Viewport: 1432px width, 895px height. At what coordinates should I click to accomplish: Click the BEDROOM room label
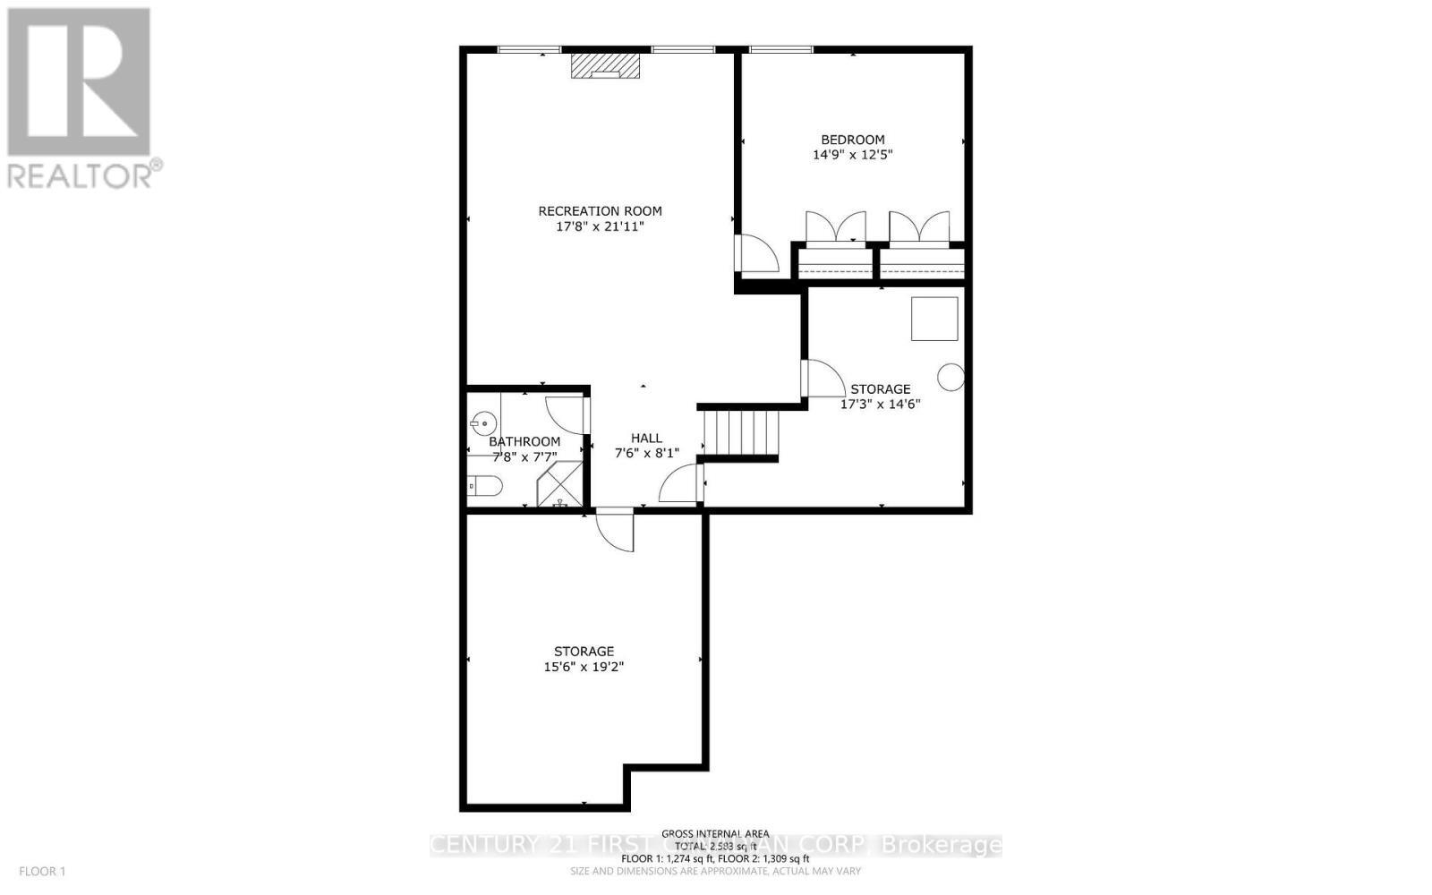pos(853,140)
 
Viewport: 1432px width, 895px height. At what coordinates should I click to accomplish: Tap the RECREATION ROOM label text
pos(600,211)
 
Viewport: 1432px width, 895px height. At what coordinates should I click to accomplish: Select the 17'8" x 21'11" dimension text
pos(600,227)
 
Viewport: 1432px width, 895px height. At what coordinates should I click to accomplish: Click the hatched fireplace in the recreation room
pos(606,66)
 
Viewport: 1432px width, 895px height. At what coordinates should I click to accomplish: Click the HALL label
pos(646,438)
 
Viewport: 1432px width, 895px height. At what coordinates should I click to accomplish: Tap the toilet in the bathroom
pos(485,485)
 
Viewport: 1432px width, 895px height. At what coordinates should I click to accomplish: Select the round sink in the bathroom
pos(484,422)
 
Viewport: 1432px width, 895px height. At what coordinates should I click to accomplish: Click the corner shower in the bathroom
pos(560,485)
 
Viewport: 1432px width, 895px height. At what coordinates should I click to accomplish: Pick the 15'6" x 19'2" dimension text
pos(584,667)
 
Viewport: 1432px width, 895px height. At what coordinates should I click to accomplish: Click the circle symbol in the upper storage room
pos(950,378)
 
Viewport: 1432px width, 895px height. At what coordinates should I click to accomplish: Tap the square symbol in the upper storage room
pos(934,319)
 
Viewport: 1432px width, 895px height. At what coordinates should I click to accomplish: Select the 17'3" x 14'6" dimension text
pos(880,404)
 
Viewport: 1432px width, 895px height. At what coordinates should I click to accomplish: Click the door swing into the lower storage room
pos(616,530)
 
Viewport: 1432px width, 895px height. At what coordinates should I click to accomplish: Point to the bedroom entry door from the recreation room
pos(754,254)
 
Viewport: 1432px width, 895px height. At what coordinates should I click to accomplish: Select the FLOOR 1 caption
pos(42,871)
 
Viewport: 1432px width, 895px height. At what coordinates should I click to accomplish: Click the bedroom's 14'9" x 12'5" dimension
pos(853,155)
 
